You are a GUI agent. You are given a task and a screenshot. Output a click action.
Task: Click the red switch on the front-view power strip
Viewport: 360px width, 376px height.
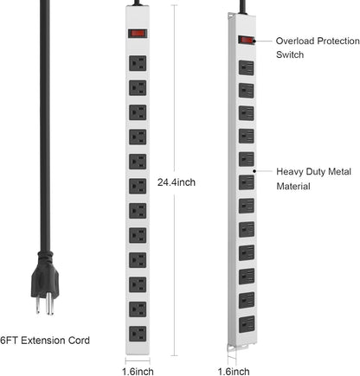click(x=136, y=35)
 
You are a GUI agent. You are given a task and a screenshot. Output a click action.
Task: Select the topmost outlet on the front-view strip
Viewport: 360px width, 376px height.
click(x=136, y=62)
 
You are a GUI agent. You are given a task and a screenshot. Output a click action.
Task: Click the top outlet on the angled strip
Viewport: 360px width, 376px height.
click(x=246, y=67)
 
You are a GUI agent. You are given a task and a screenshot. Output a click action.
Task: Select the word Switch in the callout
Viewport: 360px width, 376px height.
click(x=291, y=54)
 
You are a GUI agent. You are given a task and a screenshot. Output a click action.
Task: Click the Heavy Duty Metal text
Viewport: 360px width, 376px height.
click(x=312, y=172)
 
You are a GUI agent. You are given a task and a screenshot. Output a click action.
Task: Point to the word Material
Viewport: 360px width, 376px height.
click(x=294, y=186)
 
